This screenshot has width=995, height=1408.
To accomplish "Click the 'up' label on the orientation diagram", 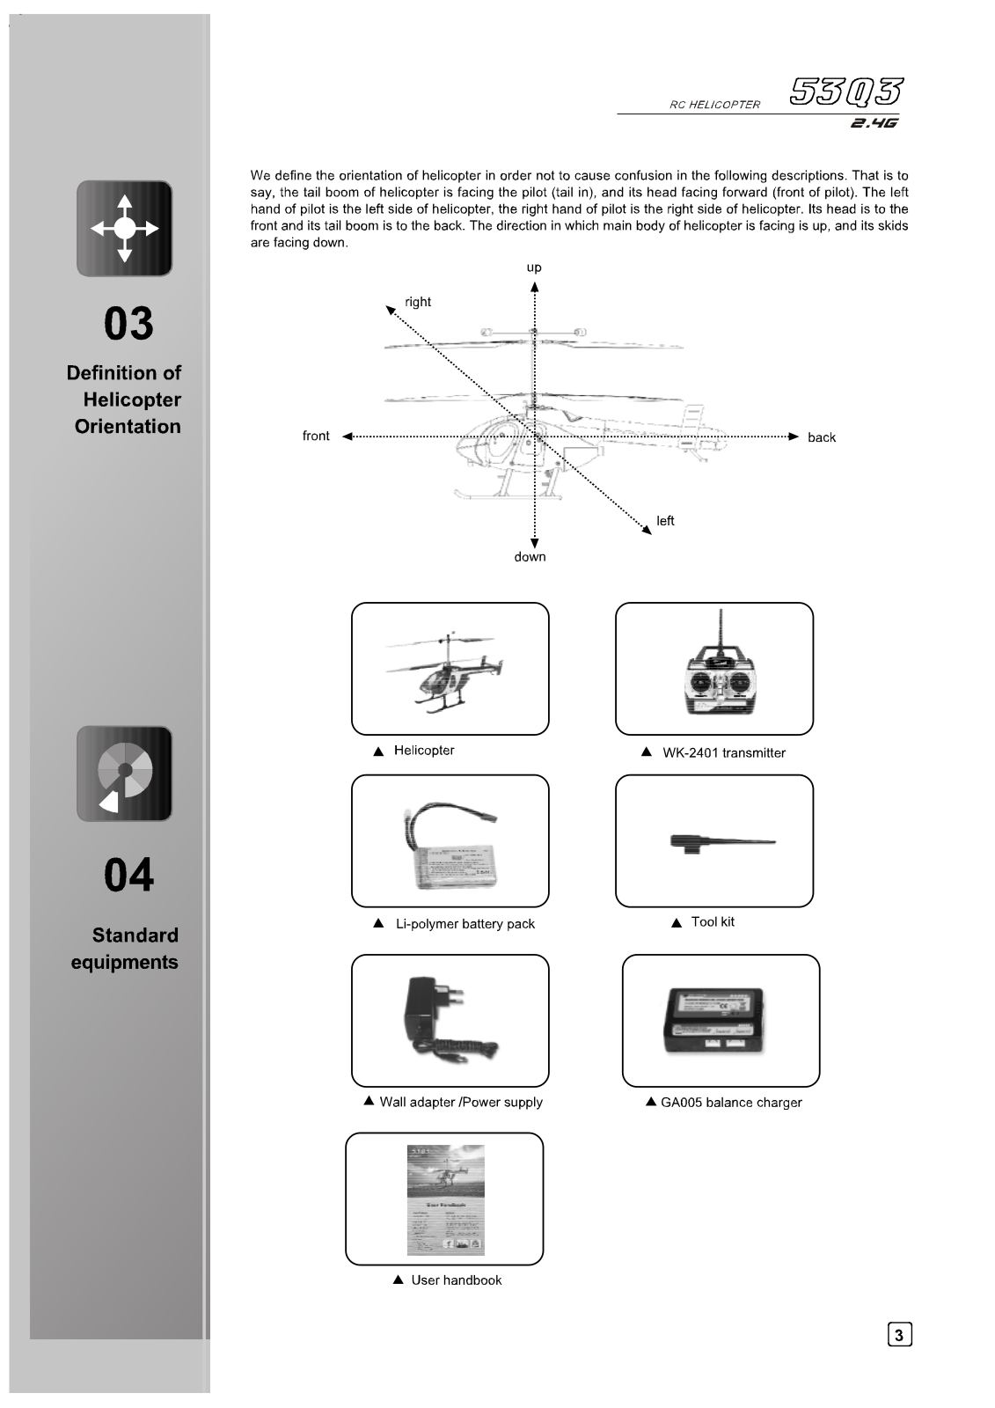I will [534, 268].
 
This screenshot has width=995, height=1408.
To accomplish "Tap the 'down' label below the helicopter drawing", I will [530, 557].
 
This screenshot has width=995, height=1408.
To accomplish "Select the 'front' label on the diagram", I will [316, 436].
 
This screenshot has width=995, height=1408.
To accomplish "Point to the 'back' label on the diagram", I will [822, 437].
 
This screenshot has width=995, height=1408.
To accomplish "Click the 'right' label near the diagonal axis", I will [418, 302].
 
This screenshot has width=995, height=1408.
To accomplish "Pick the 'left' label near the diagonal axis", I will [665, 521].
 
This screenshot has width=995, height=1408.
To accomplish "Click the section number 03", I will [128, 324].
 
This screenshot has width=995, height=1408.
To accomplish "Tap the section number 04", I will [128, 876].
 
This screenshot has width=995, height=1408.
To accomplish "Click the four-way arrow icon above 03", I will [125, 229].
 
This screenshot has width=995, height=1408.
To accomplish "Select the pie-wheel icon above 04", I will [125, 774].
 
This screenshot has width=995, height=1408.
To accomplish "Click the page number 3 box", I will [898, 1335].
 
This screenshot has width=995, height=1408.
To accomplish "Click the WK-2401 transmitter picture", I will [721, 671].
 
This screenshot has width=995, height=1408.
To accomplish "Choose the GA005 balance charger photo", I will [713, 1020].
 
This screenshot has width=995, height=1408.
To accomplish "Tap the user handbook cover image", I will [446, 1200].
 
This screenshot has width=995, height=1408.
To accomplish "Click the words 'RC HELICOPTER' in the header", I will [714, 105].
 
